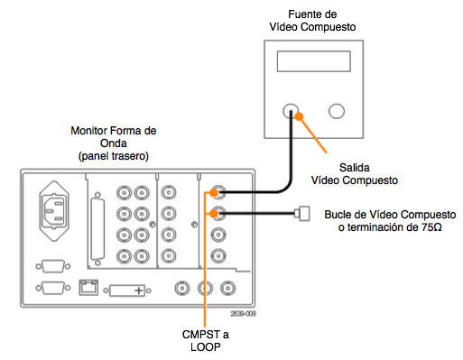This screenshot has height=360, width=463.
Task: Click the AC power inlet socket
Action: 54,211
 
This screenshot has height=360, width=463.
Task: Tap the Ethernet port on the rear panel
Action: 88,287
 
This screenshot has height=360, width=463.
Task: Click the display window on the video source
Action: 314,61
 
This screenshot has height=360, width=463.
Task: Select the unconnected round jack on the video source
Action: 337,111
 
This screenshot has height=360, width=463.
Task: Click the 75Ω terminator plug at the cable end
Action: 302,214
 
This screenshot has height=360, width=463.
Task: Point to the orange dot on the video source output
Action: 299,116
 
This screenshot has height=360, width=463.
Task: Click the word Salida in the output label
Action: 355,168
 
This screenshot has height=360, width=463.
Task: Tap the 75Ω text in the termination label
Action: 431,227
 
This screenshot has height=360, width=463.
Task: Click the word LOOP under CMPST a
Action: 206,347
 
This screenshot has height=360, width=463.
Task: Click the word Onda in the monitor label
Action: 114,143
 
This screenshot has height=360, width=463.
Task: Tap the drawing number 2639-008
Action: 243,314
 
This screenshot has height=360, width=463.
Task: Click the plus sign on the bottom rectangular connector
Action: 139,291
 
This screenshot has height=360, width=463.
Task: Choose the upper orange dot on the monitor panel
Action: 214,192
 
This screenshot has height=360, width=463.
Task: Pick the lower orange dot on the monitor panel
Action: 214,214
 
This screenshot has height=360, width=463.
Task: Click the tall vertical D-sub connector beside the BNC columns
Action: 97,229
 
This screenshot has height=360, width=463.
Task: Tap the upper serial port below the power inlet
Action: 53,266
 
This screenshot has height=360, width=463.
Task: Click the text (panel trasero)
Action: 114,156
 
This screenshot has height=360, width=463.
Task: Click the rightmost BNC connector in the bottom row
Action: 227,288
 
